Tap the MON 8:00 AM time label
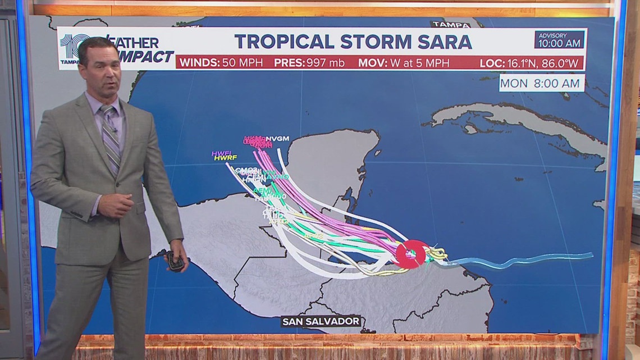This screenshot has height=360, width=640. coord(542,83)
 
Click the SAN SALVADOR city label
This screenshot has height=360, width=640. coord(322,321)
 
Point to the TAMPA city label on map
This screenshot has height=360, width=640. coord(450,25)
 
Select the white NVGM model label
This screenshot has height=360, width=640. coord(277,138)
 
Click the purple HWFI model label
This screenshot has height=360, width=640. coord(221,153)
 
